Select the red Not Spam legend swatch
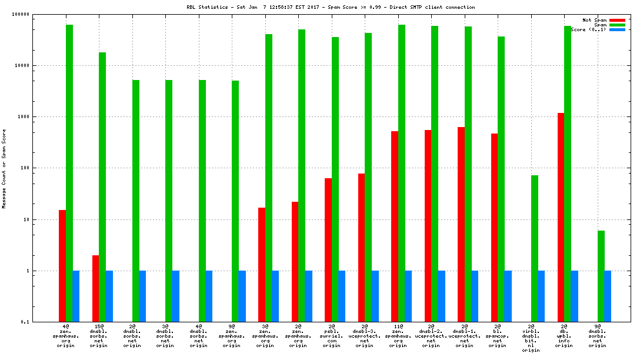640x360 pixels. pyautogui.click(x=617, y=20)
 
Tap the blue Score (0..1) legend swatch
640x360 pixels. pyautogui.click(x=617, y=29)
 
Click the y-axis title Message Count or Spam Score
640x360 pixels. pyautogui.click(x=4, y=169)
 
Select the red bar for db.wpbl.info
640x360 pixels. pyautogui.click(x=561, y=218)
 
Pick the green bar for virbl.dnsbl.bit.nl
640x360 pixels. pyautogui.click(x=534, y=248)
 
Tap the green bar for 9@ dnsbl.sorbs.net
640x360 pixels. pyautogui.click(x=601, y=276)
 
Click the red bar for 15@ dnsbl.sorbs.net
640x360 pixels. pyautogui.click(x=95, y=288)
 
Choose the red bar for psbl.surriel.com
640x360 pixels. pyautogui.click(x=328, y=250)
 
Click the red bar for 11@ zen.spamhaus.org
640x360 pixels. pyautogui.click(x=394, y=226)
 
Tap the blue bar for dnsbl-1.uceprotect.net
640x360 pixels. pyautogui.click(x=475, y=296)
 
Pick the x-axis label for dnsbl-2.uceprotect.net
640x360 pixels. pyautogui.click(x=431, y=335)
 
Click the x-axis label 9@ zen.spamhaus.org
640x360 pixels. pyautogui.click(x=232, y=335)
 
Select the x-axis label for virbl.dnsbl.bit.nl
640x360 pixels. pyautogui.click(x=531, y=338)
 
